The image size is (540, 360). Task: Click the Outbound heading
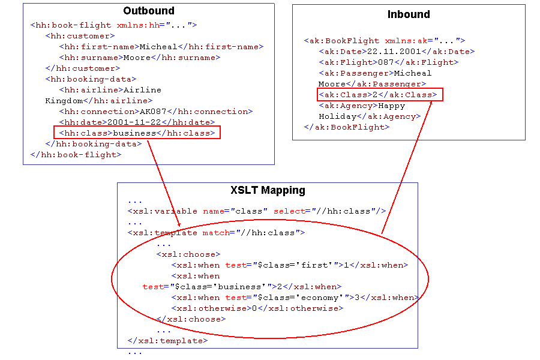tap(149, 11)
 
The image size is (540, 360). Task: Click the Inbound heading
tap(409, 14)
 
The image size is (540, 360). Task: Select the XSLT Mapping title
tap(268, 191)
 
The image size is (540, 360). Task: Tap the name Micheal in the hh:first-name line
tap(158, 47)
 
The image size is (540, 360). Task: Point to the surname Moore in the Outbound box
tap(137, 58)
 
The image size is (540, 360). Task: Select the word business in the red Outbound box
tap(134, 133)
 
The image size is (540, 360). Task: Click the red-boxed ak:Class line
tap(380, 95)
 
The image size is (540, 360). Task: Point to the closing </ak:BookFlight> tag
tap(347, 127)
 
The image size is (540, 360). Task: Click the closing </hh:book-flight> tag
tap(76, 155)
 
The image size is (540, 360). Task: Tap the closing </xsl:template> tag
tap(167, 341)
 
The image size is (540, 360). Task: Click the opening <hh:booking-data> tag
tap(91, 79)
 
